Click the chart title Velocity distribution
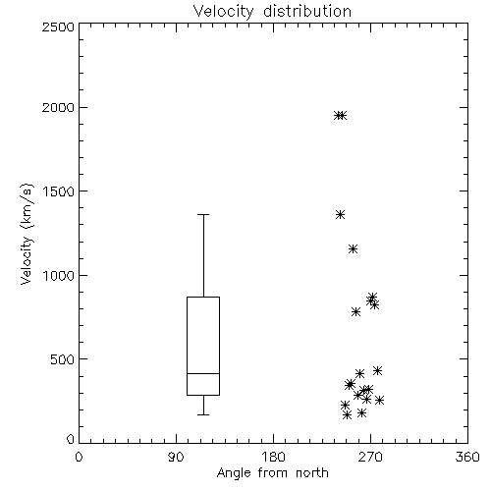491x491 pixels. (272, 11)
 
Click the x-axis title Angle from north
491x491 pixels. (272, 472)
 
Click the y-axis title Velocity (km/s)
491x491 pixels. (27, 234)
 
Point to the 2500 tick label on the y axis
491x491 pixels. (58, 27)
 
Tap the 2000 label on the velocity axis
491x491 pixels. (58, 107)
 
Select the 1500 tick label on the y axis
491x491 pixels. (59, 191)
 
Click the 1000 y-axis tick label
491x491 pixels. (59, 275)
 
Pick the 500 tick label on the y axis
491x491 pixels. (63, 359)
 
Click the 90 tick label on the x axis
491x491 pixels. (176, 457)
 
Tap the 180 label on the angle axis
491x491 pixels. (273, 457)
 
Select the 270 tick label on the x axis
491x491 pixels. (370, 457)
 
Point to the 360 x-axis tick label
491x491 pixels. (467, 457)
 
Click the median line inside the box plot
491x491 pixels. (203, 373)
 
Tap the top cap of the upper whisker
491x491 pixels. (203, 214)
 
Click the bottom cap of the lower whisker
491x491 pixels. (203, 414)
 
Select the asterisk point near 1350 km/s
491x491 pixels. (341, 214)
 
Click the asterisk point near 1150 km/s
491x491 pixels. (353, 248)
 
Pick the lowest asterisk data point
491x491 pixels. (348, 415)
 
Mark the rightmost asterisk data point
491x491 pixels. (379, 400)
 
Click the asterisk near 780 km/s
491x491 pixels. (356, 311)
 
